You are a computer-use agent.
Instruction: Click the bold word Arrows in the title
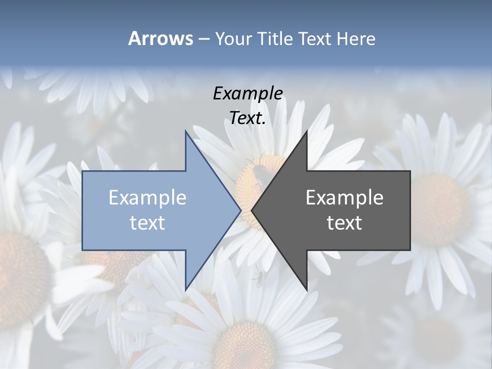coord(160,38)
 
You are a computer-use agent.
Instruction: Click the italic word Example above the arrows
coord(248,93)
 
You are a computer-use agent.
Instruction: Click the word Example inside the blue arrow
coord(148,197)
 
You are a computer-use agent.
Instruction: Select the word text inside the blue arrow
coord(148,222)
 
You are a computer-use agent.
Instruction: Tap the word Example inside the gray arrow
coord(344,197)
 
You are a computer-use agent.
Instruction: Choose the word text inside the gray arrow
coord(344,222)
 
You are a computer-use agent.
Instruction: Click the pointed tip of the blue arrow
coord(240,210)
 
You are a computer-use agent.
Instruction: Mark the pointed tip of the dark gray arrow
coord(252,210)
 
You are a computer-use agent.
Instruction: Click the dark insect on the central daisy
coord(259,174)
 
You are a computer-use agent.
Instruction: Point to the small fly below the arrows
coord(259,278)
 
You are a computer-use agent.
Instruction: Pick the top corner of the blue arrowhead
coord(186,131)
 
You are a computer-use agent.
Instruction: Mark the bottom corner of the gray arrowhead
coord(306,290)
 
